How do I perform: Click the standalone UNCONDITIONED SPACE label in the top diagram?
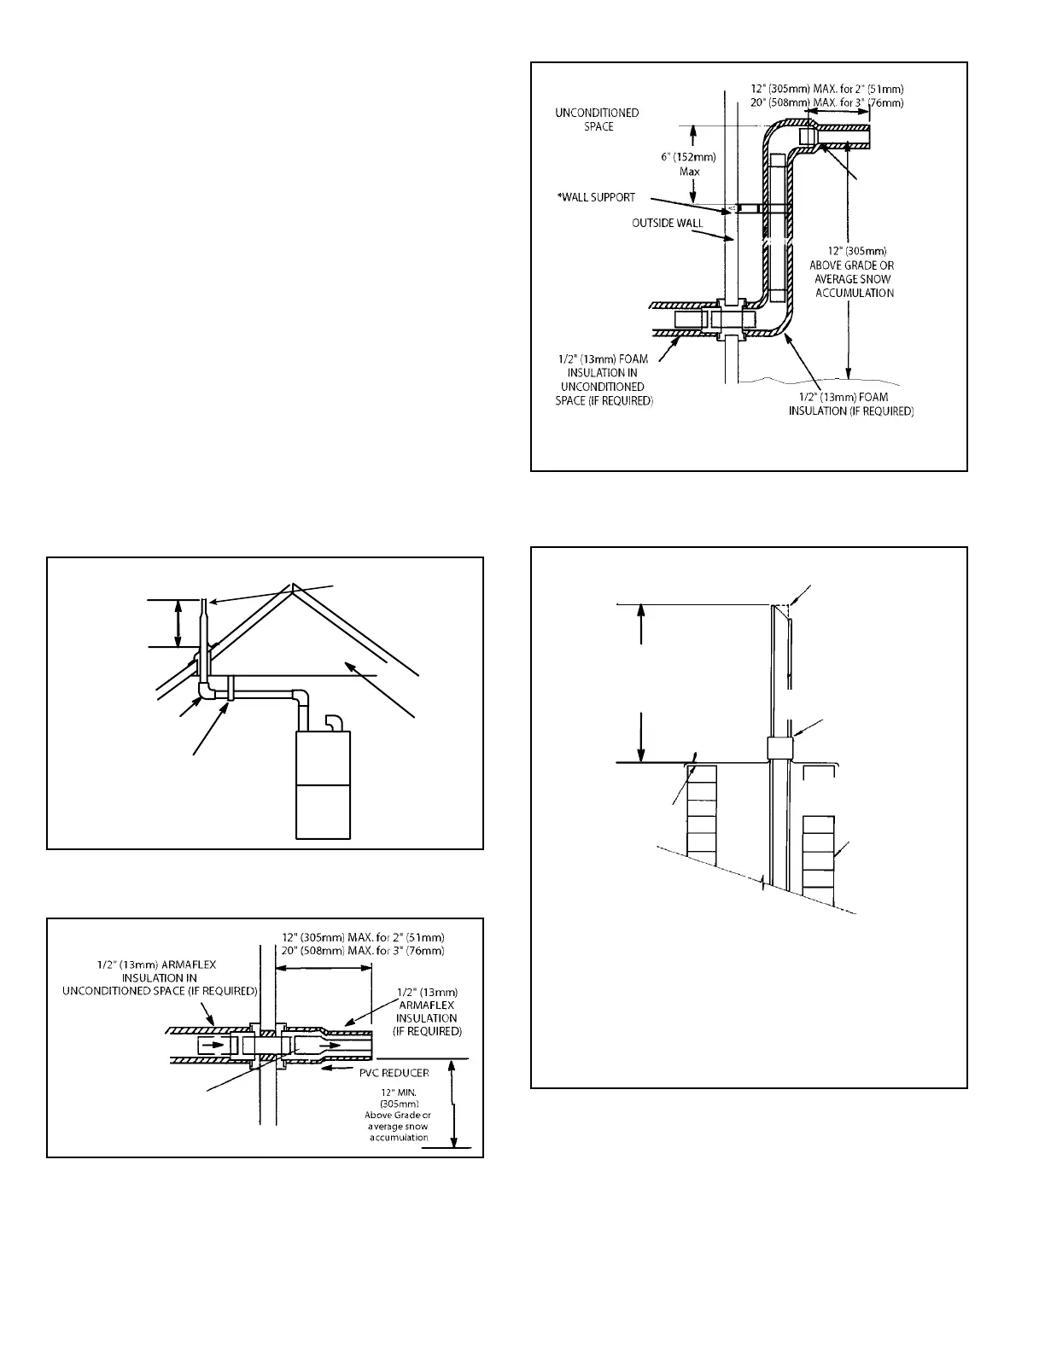click(597, 119)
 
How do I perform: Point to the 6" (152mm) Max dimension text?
click(688, 164)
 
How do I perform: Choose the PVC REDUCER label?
click(394, 1073)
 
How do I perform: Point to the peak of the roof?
click(293, 586)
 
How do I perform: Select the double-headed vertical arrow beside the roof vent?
click(178, 623)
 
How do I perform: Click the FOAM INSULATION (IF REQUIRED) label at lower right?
click(850, 405)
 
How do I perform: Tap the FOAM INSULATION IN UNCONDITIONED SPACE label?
click(604, 379)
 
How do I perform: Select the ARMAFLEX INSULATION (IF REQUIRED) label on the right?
click(427, 1011)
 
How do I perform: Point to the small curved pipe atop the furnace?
click(335, 722)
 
